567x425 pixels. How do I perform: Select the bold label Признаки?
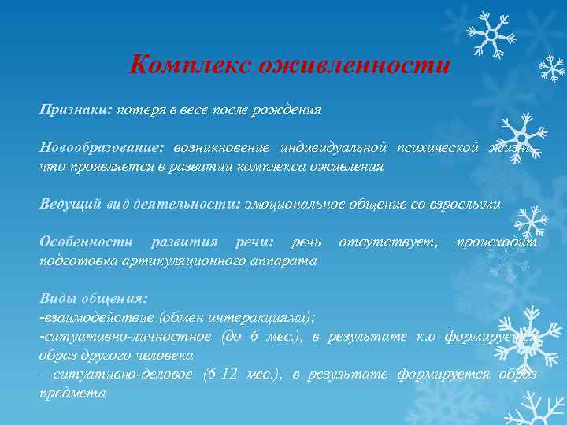tap(75, 110)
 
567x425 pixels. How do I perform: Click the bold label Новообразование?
tap(102, 147)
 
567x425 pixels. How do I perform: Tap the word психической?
tap(437, 147)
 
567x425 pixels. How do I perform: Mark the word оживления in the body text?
tap(352, 166)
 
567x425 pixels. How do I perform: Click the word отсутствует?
tap(388, 242)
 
